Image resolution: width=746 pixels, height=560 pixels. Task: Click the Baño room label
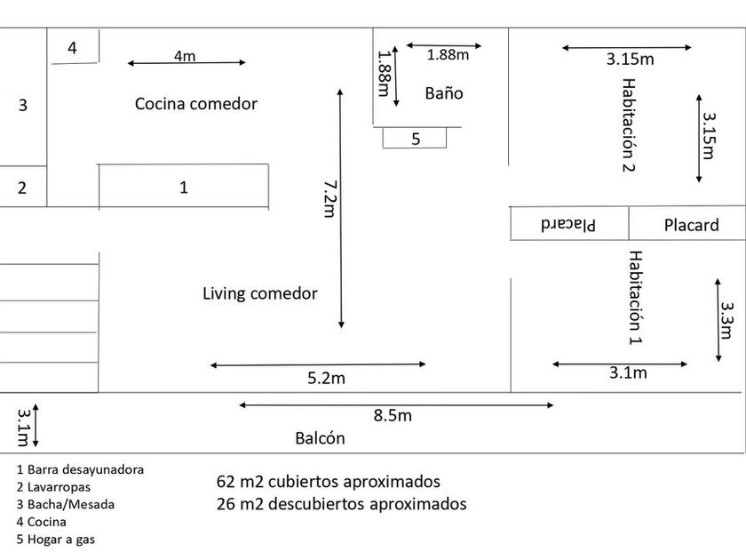coord(444,93)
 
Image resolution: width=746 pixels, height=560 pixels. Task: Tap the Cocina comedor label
coord(196,104)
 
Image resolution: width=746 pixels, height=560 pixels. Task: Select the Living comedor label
coord(259,293)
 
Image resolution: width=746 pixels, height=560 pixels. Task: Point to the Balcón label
coord(320,438)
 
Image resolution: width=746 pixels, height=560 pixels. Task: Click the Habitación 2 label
coord(629,124)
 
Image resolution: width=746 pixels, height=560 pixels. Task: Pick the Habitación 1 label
coord(635,297)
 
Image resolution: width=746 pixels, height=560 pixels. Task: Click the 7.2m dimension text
coord(329,198)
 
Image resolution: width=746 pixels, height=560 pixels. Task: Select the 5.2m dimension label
coord(326,378)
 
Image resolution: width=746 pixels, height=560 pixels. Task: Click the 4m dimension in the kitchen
coord(185,56)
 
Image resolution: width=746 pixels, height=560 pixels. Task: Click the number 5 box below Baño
coord(416,139)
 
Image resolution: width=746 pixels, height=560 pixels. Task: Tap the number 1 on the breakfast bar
coord(184,188)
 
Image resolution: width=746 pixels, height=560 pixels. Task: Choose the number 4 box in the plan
coord(73,48)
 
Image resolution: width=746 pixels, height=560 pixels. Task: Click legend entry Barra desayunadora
coord(80,469)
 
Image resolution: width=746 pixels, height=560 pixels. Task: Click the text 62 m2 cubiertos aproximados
coord(329,482)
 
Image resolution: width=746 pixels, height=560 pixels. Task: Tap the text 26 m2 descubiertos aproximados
coord(341,504)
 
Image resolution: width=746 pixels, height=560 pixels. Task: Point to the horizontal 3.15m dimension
coord(631,60)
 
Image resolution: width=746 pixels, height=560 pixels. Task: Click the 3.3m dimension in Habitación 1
coord(726,321)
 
